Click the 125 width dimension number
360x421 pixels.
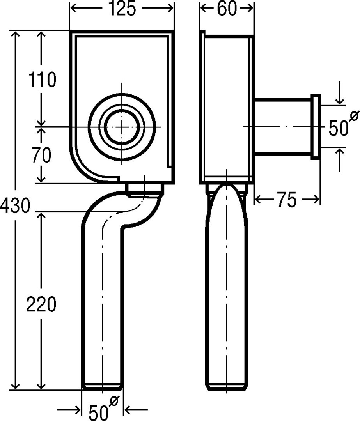[x=122, y=9]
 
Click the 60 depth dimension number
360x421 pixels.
[x=227, y=9]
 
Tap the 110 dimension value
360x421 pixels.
[x=43, y=80]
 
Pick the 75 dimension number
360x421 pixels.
[x=287, y=200]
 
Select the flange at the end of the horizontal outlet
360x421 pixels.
[x=316, y=127]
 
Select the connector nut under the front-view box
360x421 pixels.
[x=144, y=189]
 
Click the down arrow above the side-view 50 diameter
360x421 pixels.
[x=340, y=100]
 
